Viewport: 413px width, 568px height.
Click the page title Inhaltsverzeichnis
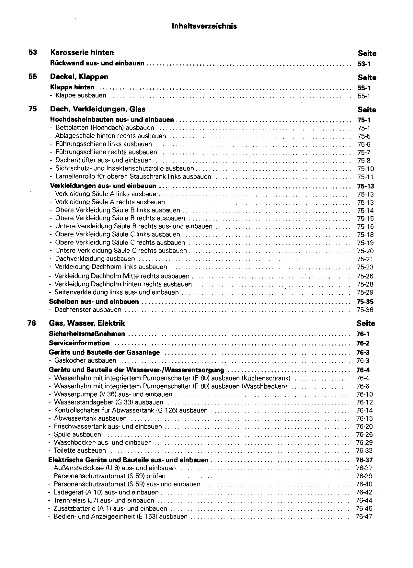pos(204,26)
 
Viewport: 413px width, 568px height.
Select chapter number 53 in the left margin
pos(33,52)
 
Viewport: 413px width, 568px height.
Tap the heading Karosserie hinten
pos(82,52)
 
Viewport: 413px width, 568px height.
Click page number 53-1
pos(364,64)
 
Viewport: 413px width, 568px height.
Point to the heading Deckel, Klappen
pos(79,77)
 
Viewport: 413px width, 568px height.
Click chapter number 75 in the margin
pos(33,109)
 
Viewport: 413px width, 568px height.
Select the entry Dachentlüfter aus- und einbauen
pos(103,160)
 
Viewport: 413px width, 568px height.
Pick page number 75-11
pos(365,177)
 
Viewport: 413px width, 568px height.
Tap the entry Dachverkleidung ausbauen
pos(95,259)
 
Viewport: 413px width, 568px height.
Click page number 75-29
pos(365,292)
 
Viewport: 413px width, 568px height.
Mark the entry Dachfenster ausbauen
pos(87,310)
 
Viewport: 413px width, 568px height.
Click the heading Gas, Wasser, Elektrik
pos(87,323)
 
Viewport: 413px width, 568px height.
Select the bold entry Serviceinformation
pos(79,343)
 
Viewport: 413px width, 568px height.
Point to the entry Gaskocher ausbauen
pos(85,361)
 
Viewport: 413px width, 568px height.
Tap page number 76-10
pos(364,394)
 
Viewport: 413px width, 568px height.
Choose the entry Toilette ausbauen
pos(80,451)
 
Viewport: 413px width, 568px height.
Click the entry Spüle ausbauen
pos(77,435)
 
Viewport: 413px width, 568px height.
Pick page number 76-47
pos(364,517)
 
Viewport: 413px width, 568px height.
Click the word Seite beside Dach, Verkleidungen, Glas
pos(367,110)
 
